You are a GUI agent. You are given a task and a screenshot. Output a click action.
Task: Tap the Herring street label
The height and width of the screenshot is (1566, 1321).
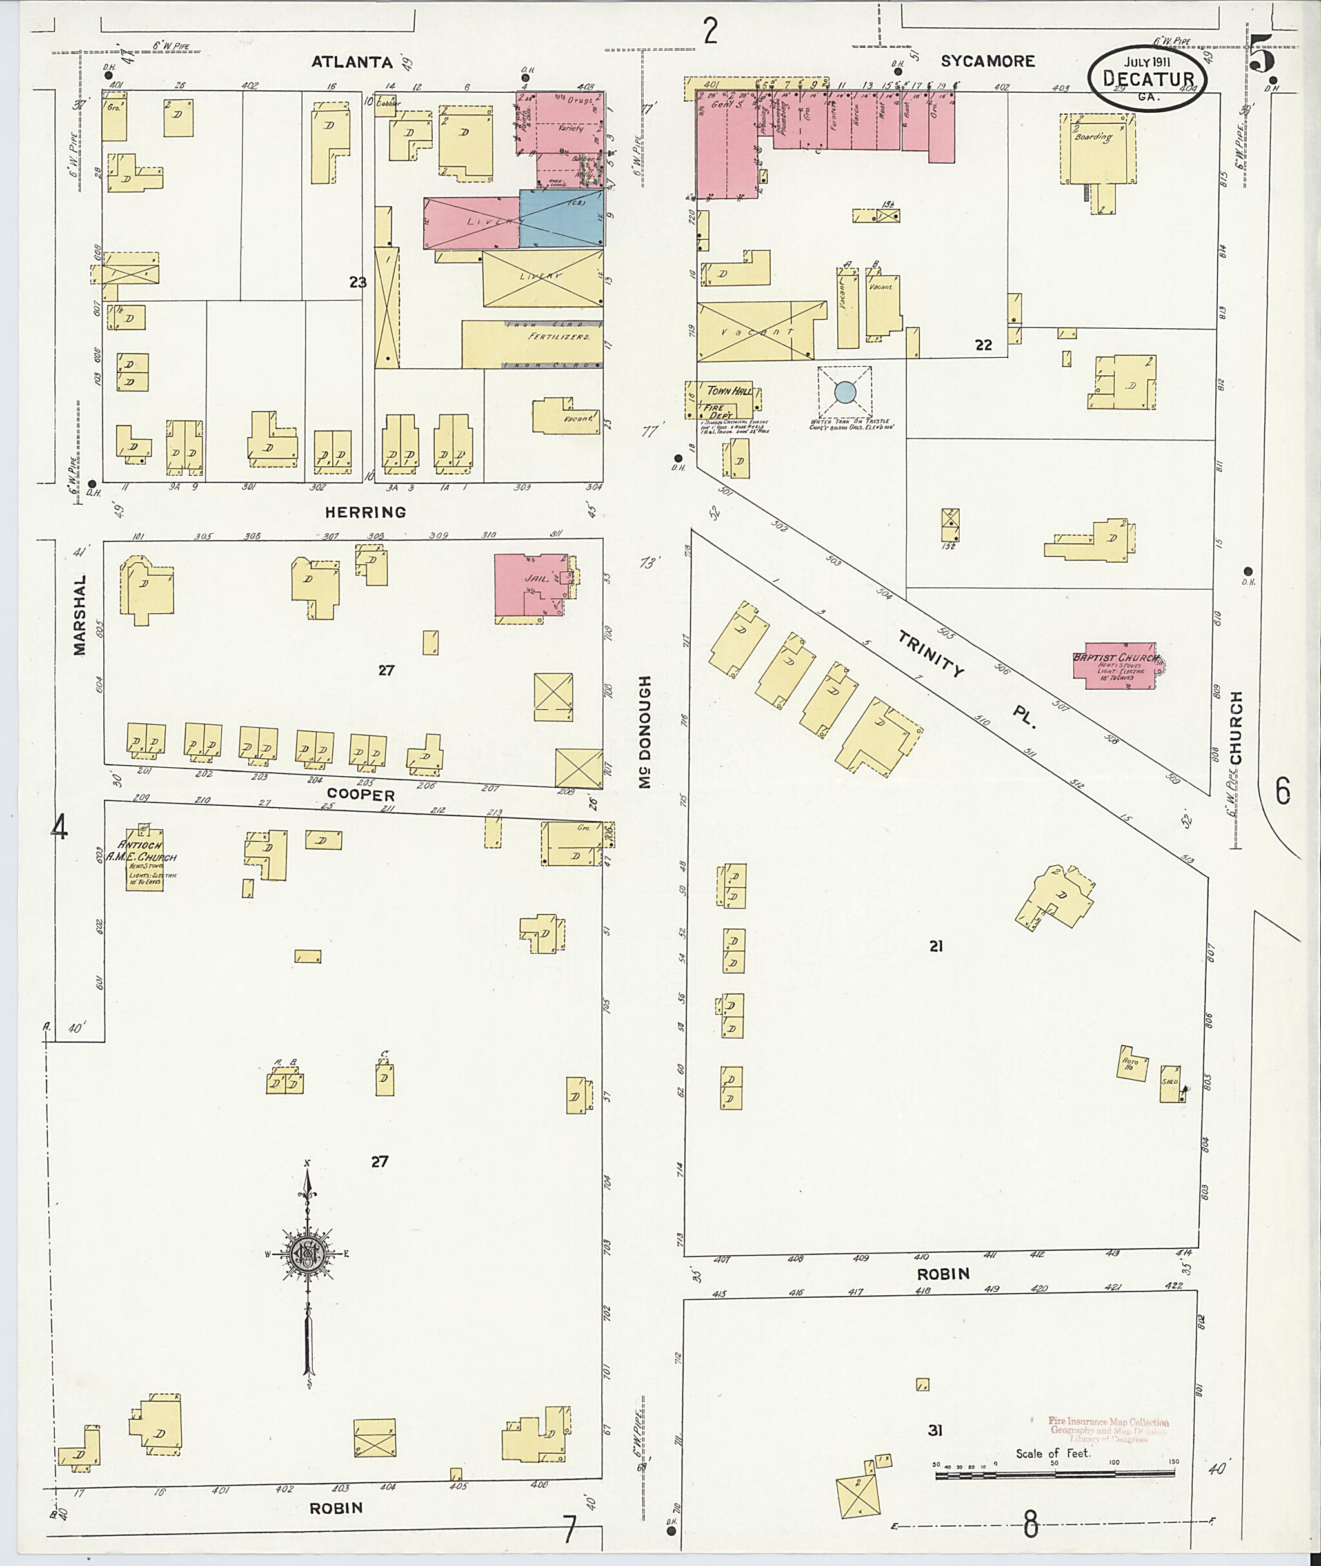tap(366, 512)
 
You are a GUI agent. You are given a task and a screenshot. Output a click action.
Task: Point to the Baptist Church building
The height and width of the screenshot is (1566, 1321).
tap(1115, 665)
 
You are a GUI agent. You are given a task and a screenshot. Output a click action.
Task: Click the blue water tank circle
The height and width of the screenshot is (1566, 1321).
tap(845, 391)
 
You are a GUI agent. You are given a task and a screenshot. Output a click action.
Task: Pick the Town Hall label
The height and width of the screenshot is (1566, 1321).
tap(725, 391)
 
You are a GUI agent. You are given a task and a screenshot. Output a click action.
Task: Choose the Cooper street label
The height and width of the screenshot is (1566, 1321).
tap(361, 794)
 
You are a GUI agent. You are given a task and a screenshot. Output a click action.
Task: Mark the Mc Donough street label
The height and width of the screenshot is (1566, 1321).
tap(646, 731)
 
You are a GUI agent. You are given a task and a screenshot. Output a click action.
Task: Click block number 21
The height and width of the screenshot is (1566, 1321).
tap(935, 946)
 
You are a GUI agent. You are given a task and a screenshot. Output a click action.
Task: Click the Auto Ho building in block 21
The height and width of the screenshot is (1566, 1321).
tap(1131, 1063)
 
